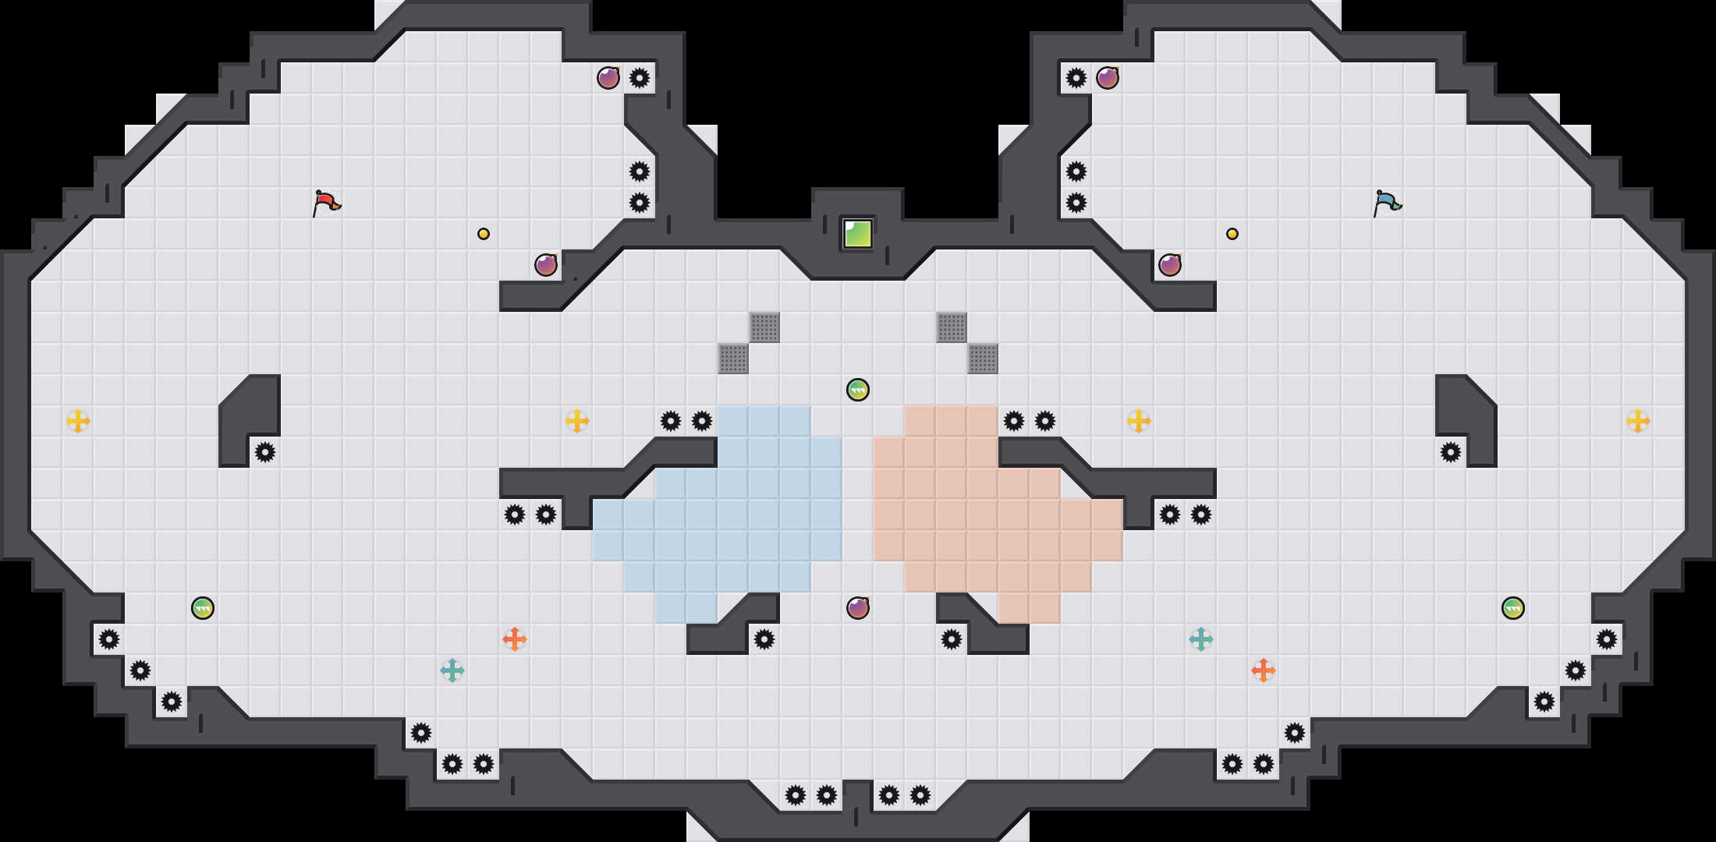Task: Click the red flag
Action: coord(326,203)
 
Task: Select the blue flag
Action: coord(1387,203)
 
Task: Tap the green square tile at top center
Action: coord(858,234)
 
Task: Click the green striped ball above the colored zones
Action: coord(858,390)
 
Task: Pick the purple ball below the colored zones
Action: coord(858,608)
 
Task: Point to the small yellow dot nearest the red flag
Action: coord(484,234)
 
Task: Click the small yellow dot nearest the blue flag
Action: coord(1232,234)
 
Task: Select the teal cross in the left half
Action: coord(452,670)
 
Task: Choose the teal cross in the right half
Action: coord(1201,639)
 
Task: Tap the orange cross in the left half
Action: coord(515,639)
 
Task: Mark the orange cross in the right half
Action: coord(1264,670)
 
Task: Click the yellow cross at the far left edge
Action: coord(78,421)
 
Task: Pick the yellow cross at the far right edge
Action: coord(1638,421)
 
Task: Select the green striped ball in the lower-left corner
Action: coord(203,608)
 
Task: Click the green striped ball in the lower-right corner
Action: coord(1513,608)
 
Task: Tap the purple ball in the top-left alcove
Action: coord(608,78)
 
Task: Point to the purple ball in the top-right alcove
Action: coord(1108,78)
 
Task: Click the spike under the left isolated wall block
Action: coord(265,452)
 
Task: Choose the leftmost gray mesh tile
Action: coord(733,359)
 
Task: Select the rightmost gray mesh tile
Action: coord(983,359)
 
